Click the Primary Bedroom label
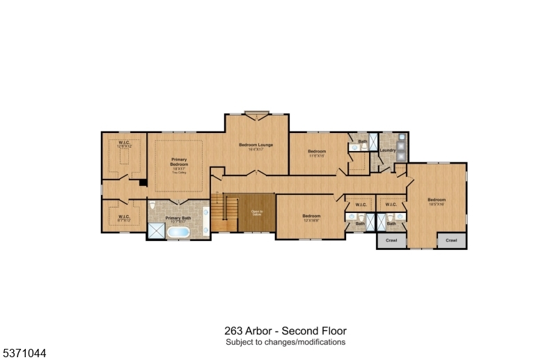click(179, 164)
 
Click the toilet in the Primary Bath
click(152, 207)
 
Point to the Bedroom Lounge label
click(256, 146)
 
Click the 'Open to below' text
click(257, 213)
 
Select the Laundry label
click(388, 150)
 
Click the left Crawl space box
click(388, 240)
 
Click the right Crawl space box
click(452, 240)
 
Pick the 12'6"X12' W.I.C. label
click(125, 144)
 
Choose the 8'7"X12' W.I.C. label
click(124, 218)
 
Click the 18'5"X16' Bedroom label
click(437, 201)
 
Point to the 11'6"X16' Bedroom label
click(317, 153)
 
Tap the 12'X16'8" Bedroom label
click(311, 217)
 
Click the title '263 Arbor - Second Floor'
click(285, 331)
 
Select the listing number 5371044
click(24, 353)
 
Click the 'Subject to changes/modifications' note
click(285, 342)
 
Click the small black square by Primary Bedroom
click(142, 182)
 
